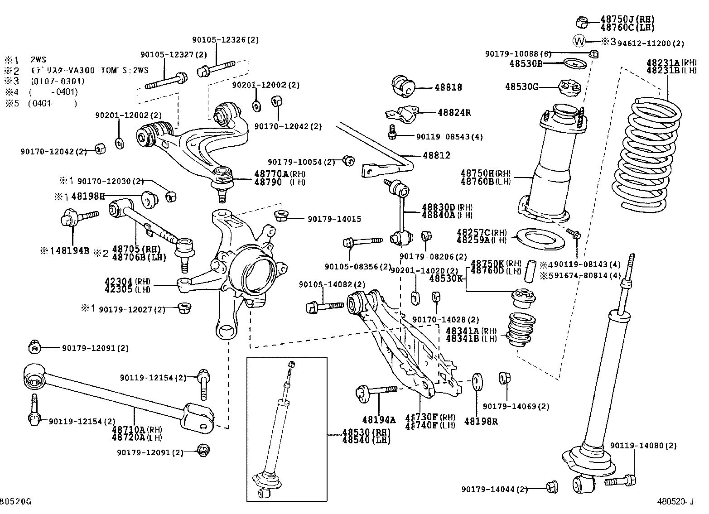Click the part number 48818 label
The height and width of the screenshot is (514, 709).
[448, 87]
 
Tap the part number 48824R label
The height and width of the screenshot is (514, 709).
[454, 113]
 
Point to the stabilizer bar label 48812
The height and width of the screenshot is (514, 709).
[436, 155]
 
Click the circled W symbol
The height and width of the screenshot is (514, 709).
[579, 41]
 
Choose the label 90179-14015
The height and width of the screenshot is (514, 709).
[334, 219]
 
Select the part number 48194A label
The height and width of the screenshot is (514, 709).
[379, 420]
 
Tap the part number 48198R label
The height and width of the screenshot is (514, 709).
[481, 422]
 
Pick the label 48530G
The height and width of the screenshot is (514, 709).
[521, 86]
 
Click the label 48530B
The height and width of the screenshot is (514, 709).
[526, 64]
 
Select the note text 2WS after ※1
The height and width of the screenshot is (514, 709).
[38, 60]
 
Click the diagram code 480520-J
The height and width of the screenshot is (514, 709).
[675, 501]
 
